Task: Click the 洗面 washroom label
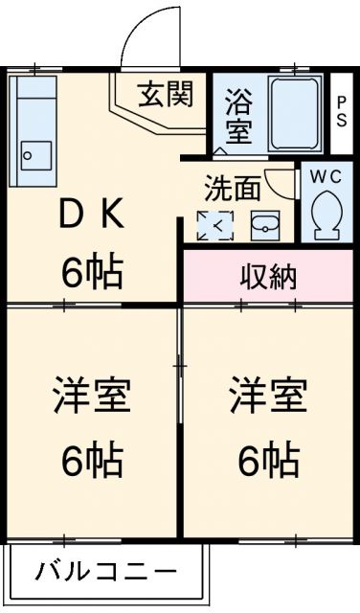click(232, 187)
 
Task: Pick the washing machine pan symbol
click(214, 225)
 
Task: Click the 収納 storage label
click(267, 277)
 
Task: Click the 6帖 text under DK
click(93, 273)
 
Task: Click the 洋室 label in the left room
click(92, 397)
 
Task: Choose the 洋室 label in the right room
click(267, 397)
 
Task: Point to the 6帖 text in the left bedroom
click(92, 462)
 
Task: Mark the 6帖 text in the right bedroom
click(267, 462)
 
